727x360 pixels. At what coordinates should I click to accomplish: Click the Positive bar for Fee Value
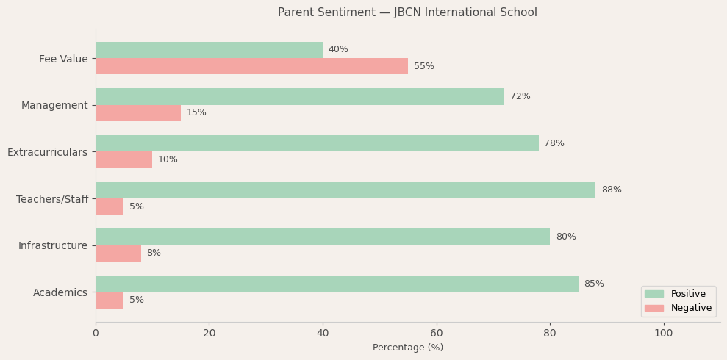click(x=209, y=50)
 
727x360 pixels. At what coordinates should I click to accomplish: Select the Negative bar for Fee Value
click(x=251, y=66)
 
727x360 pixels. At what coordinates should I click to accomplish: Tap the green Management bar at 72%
click(x=300, y=97)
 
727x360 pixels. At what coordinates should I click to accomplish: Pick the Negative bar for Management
click(x=138, y=113)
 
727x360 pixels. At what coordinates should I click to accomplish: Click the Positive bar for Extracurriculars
click(x=317, y=143)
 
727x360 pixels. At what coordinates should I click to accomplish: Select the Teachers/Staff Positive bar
click(x=345, y=190)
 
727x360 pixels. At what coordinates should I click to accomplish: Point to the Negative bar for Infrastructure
click(x=118, y=253)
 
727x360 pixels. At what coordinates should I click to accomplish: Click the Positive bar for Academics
click(x=337, y=284)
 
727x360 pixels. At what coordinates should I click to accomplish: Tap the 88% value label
click(x=612, y=190)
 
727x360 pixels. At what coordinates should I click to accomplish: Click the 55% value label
click(x=424, y=66)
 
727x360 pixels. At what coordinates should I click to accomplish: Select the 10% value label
click(x=168, y=159)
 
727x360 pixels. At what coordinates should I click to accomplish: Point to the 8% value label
click(x=154, y=253)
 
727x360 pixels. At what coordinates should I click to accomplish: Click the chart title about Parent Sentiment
click(x=407, y=12)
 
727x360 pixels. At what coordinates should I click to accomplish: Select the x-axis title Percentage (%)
click(x=408, y=348)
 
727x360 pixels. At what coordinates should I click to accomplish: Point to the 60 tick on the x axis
click(x=437, y=333)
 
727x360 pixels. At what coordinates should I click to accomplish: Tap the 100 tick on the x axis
click(x=663, y=333)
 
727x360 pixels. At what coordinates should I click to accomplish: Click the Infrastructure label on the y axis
click(x=53, y=245)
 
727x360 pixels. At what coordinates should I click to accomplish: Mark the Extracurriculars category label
click(x=47, y=152)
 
